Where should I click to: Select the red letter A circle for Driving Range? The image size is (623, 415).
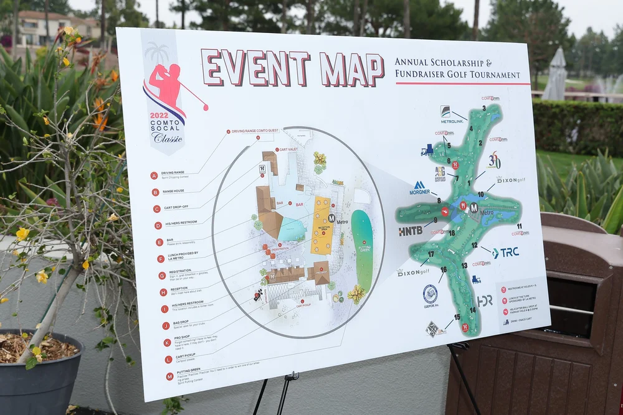point(154,175)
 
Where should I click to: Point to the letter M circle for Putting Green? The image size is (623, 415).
point(169,376)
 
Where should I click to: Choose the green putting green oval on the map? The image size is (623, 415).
point(362,249)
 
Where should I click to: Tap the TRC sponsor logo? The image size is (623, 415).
point(505,253)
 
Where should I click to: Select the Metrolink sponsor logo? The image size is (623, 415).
point(451,116)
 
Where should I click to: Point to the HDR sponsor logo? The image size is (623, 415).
point(485,301)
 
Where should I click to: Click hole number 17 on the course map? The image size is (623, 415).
point(430,254)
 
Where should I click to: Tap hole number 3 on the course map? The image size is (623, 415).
point(483,108)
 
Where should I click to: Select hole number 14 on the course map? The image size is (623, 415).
point(473,310)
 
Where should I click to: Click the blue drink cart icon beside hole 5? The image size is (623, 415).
point(427,150)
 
